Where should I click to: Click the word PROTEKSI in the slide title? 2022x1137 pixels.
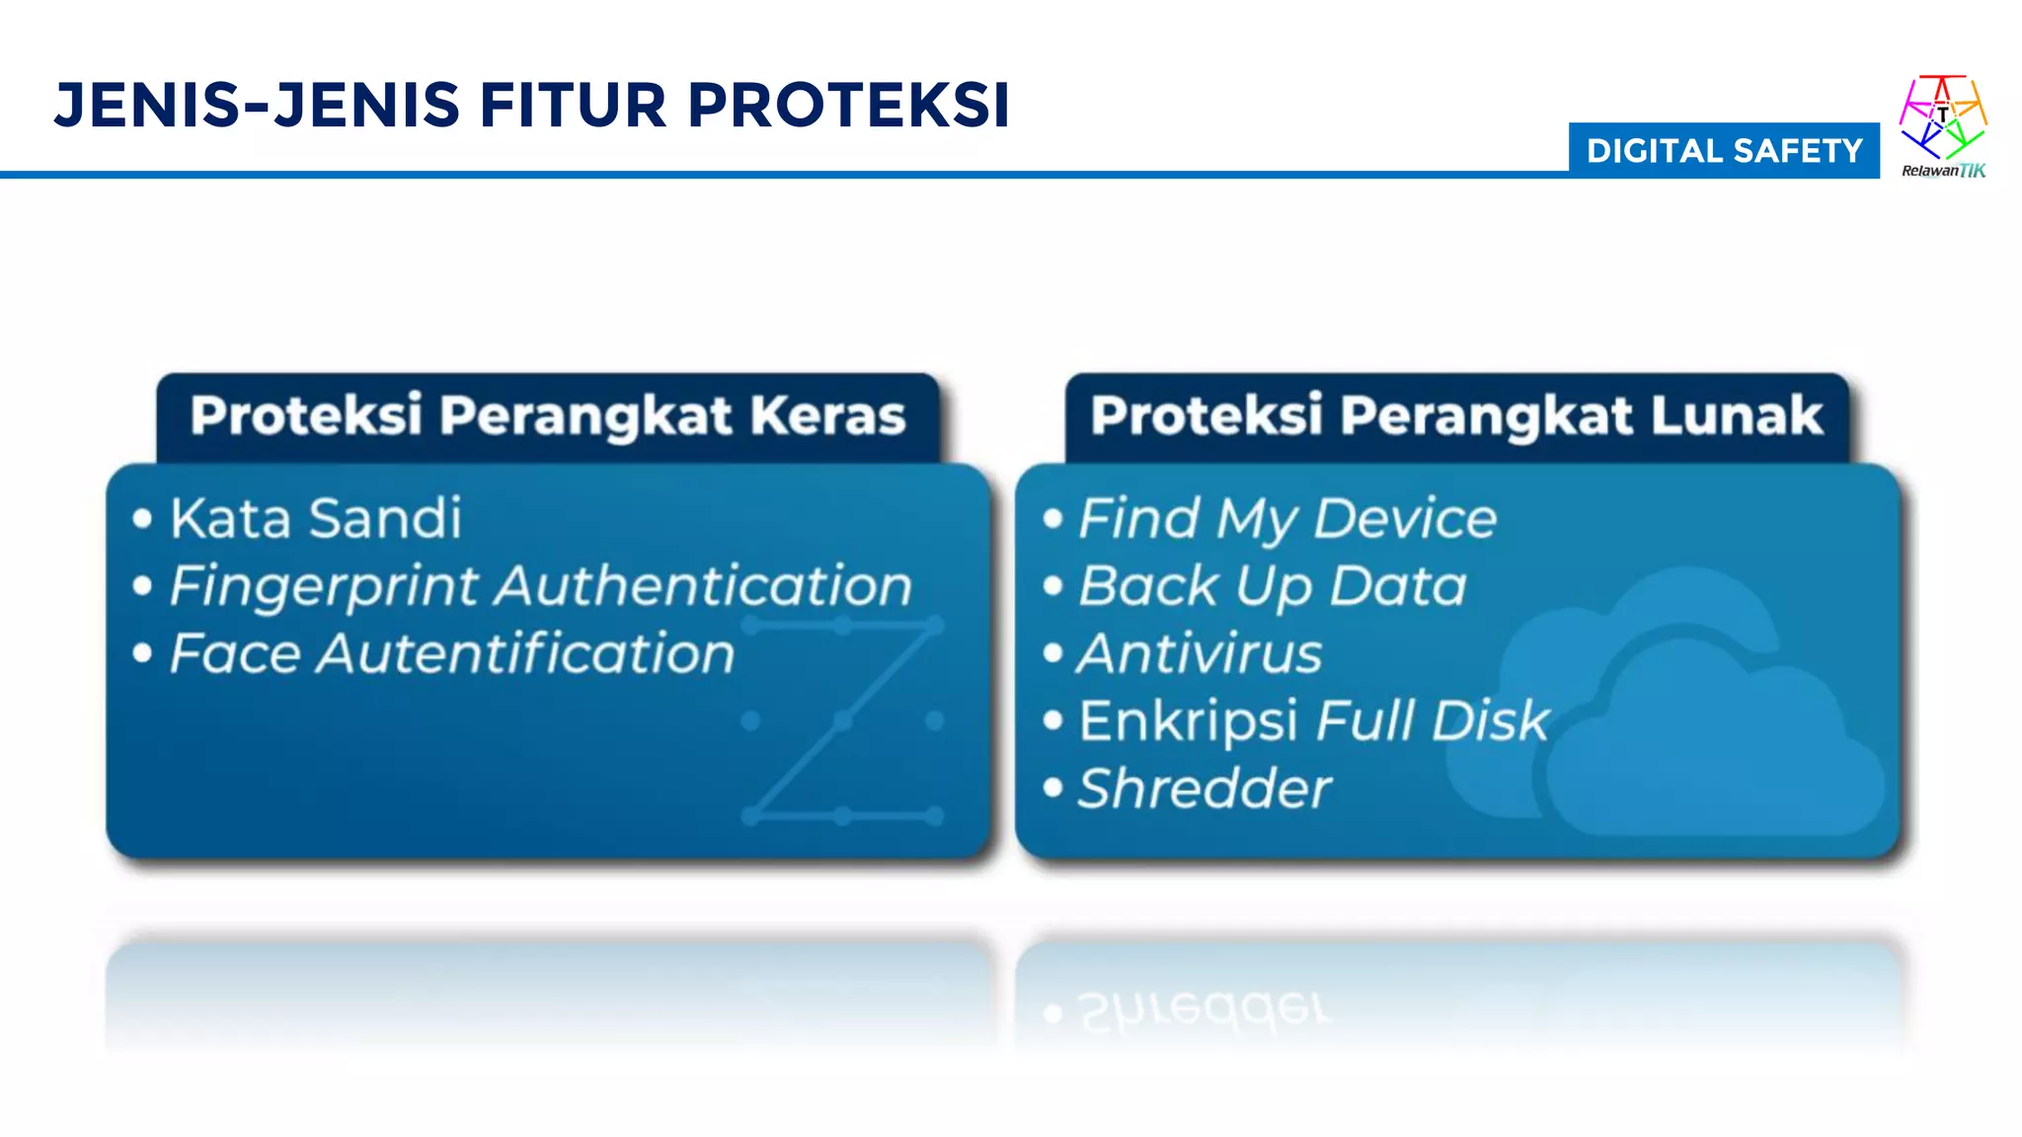coord(848,106)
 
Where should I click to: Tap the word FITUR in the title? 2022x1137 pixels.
coord(574,106)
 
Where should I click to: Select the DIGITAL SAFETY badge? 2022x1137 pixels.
coord(1724,151)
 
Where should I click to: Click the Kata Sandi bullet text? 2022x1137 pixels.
coord(316,518)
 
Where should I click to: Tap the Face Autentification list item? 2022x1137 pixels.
coord(452,653)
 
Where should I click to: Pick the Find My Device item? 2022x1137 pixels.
coord(1287,519)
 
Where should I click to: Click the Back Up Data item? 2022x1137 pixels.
coord(1273,586)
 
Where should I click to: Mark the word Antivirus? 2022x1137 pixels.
coord(1200,653)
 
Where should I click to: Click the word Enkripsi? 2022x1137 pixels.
coord(1189,721)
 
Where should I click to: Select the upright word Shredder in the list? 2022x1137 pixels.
coord(1205,789)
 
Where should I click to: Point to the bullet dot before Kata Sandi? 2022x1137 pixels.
coord(143,518)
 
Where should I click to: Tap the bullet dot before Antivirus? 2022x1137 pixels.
coord(1053,653)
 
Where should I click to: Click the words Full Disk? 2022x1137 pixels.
coord(1433,720)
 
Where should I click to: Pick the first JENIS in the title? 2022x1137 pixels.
coord(147,106)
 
